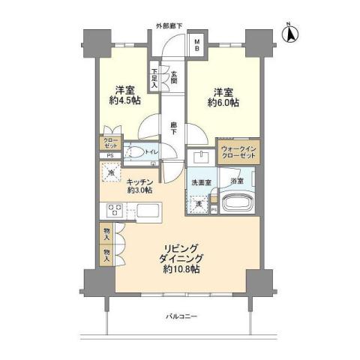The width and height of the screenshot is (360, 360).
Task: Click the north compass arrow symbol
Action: click(x=292, y=32)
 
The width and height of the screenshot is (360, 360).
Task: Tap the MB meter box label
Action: click(x=196, y=45)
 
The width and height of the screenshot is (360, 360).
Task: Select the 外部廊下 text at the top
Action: click(x=170, y=26)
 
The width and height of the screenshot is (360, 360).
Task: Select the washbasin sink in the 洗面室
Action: click(x=202, y=157)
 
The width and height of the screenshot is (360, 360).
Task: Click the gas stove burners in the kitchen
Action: click(x=116, y=209)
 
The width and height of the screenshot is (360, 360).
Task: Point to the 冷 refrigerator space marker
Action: click(x=110, y=174)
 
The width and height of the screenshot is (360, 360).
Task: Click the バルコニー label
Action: click(x=181, y=316)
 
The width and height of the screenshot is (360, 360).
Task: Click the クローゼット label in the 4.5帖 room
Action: click(x=106, y=142)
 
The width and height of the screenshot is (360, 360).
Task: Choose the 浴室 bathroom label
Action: click(x=236, y=180)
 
